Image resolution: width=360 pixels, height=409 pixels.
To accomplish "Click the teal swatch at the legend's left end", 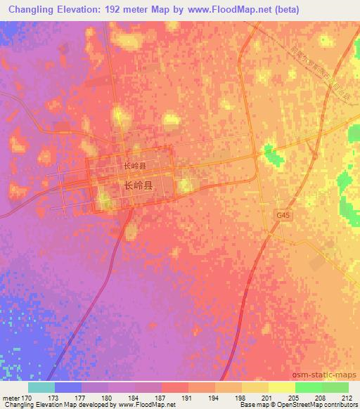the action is point(41,387).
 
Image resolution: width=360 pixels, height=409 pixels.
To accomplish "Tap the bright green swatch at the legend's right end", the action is point(335,387).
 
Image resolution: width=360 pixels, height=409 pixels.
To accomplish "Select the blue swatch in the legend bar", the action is point(67,387).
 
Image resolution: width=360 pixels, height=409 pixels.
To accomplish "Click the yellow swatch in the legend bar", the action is point(281,387).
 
